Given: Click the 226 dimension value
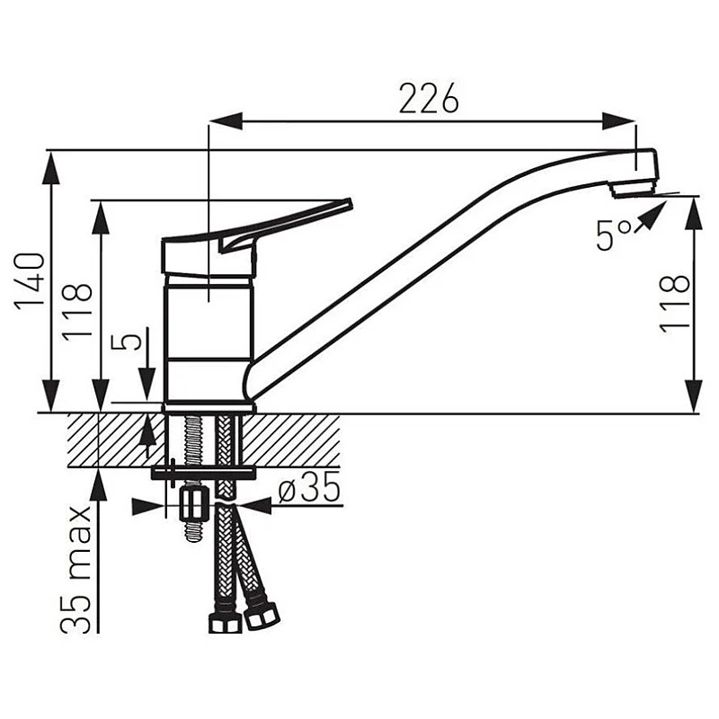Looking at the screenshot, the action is tap(429, 98).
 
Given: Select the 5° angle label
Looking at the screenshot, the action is tap(614, 235).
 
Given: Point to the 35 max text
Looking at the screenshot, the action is tap(76, 569).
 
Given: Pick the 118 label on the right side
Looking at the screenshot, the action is tap(675, 304).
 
